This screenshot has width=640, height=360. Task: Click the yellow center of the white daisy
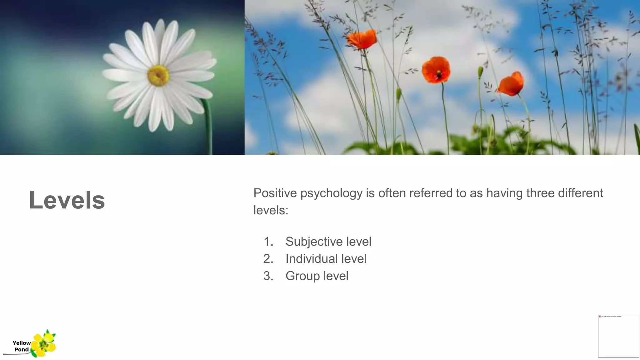(x=158, y=75)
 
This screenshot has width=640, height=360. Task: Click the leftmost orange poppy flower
(x=362, y=39)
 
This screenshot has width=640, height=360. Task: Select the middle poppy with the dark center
(x=436, y=70)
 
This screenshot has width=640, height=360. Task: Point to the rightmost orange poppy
(x=511, y=84)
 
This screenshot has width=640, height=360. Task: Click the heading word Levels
(x=67, y=200)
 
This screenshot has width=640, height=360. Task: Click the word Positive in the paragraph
(x=275, y=193)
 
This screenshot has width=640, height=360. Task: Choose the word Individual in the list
(x=311, y=259)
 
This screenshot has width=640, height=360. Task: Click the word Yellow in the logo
(x=22, y=343)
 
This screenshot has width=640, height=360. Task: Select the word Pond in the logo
(x=22, y=349)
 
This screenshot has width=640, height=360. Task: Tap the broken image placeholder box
(x=618, y=336)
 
